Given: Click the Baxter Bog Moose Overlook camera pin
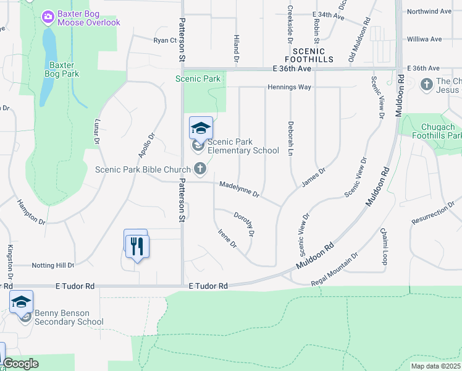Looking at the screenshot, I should pyautogui.click(x=48, y=18).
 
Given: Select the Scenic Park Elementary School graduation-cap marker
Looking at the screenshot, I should pyautogui.click(x=201, y=128).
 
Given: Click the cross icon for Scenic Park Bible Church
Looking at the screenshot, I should pyautogui.click(x=199, y=168).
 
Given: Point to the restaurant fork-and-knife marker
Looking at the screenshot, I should pyautogui.click(x=136, y=247).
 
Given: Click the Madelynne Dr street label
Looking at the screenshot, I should pyautogui.click(x=239, y=189).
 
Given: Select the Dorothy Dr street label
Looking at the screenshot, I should pyautogui.click(x=245, y=223).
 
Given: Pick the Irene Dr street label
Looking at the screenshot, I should pyautogui.click(x=227, y=238).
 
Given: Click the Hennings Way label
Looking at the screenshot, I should pyautogui.click(x=289, y=87).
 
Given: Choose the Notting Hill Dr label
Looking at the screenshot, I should pyautogui.click(x=52, y=265).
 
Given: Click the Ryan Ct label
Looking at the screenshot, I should pyautogui.click(x=165, y=40).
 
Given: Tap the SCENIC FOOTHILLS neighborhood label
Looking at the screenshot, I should pyautogui.click(x=313, y=55).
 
